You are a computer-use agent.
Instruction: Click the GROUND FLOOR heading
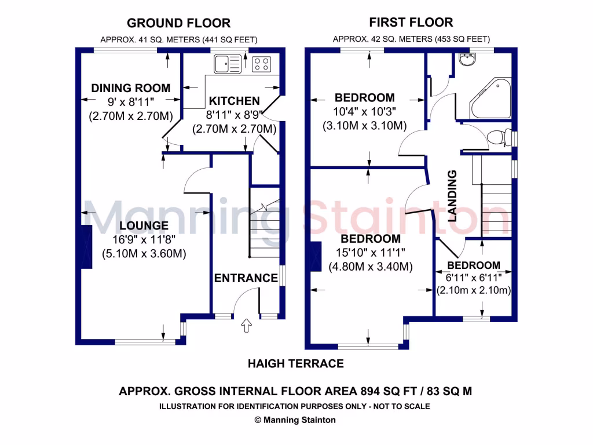[x=178, y=23]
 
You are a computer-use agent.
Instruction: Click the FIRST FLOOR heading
[x=411, y=23]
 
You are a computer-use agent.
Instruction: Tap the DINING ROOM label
[x=131, y=88]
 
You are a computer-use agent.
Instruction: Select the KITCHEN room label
[x=234, y=101]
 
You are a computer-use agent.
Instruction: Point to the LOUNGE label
[x=144, y=225]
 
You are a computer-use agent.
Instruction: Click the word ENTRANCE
[x=246, y=278]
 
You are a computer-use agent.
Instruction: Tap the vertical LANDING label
[x=453, y=196]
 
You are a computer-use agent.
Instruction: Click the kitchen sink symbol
[x=228, y=63]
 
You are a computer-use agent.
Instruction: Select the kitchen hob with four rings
[x=262, y=63]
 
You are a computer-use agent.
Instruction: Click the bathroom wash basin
[x=466, y=59]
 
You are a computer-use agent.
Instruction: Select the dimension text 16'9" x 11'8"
[x=144, y=239]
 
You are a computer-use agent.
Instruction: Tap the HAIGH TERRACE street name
[x=295, y=364]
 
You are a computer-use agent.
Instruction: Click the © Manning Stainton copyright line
[x=295, y=420]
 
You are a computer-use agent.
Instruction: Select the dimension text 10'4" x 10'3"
[x=365, y=112]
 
